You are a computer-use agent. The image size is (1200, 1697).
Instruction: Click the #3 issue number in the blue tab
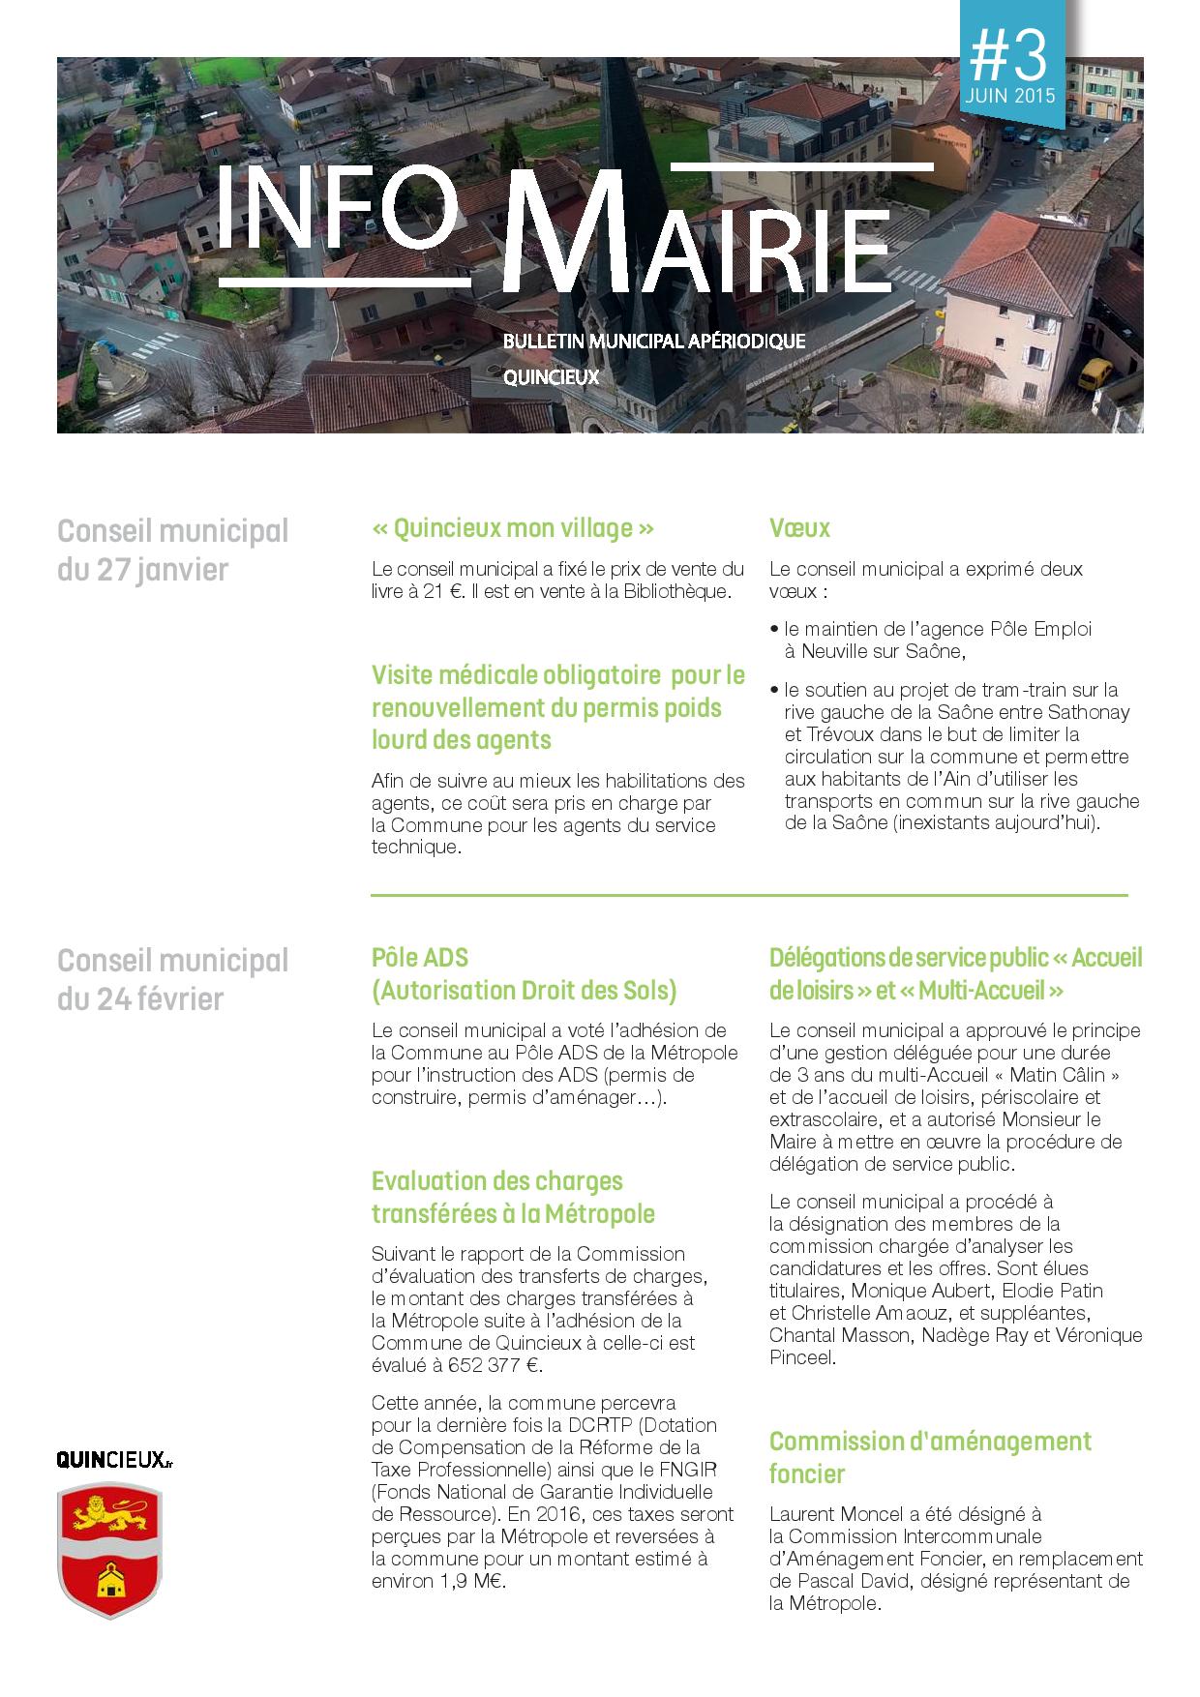(x=1008, y=56)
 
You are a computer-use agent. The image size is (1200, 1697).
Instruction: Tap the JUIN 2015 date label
(x=1008, y=98)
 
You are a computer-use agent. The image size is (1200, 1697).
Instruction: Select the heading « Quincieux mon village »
(x=513, y=528)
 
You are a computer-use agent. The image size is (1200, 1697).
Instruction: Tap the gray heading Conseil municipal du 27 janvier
(x=172, y=550)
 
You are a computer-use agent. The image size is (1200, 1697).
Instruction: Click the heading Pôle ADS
(x=420, y=958)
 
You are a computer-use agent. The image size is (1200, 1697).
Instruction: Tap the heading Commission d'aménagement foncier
(x=929, y=1457)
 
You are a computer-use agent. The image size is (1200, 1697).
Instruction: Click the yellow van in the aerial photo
(x=1095, y=372)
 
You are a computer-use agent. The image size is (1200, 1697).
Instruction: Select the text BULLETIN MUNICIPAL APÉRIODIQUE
(x=653, y=342)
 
